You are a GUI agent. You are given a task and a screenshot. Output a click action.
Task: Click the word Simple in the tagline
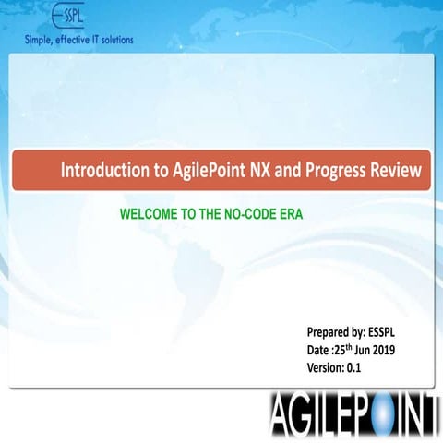tap(41, 40)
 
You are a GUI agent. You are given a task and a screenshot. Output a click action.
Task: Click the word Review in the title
tap(399, 171)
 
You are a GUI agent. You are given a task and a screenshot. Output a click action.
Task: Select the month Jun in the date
tap(371, 350)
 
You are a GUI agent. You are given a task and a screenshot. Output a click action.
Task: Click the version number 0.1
tap(353, 367)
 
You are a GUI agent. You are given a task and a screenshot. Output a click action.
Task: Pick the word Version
tap(325, 367)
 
